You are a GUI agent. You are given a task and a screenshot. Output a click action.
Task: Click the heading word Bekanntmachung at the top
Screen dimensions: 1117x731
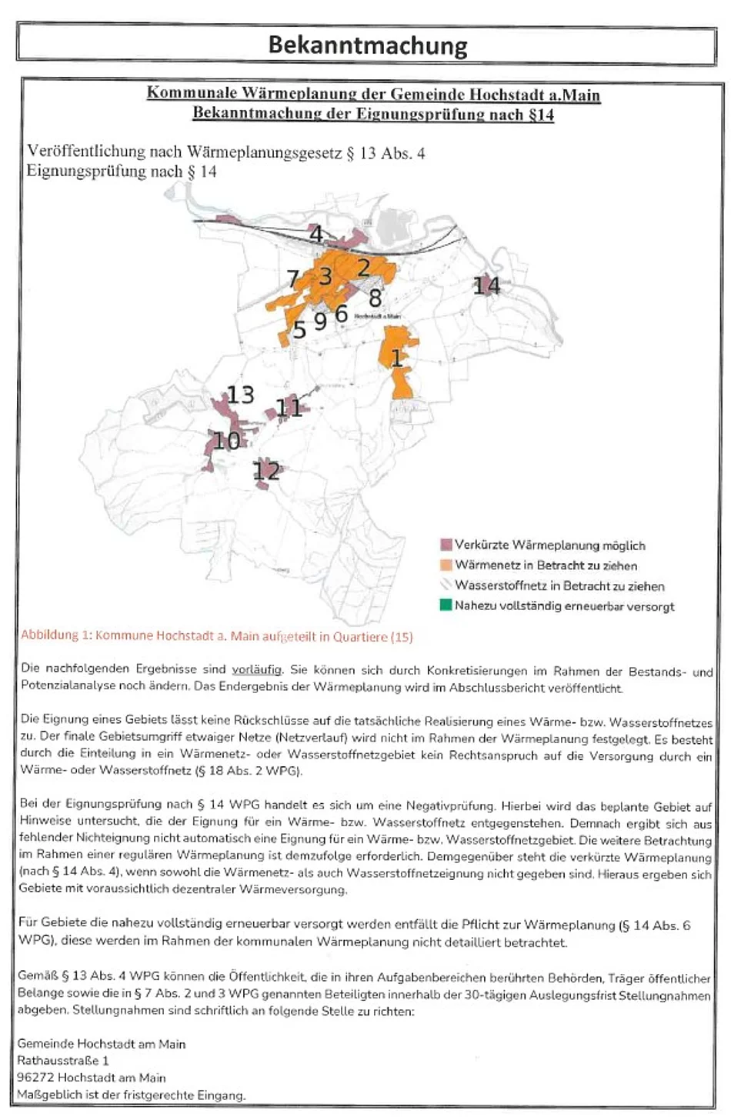pos(367,45)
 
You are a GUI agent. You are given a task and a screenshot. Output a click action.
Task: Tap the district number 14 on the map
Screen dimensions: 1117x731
pos(486,285)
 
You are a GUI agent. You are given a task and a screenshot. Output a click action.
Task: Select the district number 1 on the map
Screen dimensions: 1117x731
pos(397,358)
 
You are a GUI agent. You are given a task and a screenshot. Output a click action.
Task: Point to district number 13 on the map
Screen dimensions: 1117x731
pos(240,395)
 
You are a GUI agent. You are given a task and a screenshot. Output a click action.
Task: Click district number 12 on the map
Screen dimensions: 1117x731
pos(266,470)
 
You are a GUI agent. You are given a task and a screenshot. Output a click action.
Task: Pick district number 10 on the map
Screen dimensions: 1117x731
pos(226,441)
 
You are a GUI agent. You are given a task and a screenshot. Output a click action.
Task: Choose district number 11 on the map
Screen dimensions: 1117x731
pos(289,407)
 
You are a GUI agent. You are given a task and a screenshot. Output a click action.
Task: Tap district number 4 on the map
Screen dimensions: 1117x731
pos(315,233)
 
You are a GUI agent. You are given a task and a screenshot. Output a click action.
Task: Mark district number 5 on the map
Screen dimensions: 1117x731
pos(299,329)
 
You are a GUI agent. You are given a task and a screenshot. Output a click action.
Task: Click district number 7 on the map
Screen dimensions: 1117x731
pos(292,278)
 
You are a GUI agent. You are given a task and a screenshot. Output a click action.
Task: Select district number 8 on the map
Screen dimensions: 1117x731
pos(375,297)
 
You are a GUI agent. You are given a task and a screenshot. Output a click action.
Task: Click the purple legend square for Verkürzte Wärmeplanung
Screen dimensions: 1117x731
pos(445,545)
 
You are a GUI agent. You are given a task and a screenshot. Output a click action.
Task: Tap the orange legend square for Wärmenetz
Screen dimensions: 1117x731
pos(445,565)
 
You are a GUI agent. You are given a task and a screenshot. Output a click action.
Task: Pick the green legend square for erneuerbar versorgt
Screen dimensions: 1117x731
pos(445,605)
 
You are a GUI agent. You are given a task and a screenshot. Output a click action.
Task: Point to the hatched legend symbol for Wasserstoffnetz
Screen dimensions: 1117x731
pos(445,585)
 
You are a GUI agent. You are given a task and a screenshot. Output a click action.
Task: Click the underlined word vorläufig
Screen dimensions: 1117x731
pos(256,669)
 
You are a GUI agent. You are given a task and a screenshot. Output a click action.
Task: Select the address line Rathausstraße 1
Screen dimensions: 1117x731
pos(63,1061)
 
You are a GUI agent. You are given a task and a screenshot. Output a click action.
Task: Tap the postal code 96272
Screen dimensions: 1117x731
pos(35,1078)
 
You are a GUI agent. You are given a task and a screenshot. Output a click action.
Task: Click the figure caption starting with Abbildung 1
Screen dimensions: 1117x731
pos(216,636)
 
